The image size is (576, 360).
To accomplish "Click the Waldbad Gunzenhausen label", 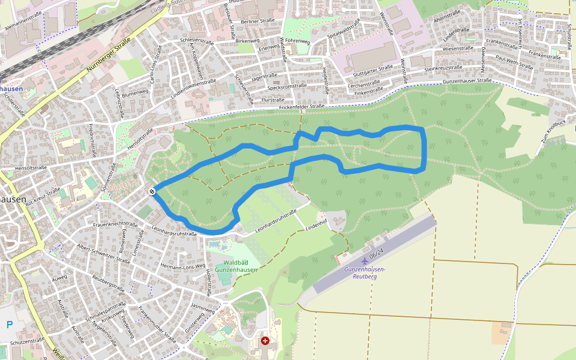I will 236,266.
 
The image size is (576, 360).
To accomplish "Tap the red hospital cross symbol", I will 265,341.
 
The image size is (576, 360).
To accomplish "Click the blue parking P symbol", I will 9,325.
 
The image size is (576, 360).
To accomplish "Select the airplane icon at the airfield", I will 365,261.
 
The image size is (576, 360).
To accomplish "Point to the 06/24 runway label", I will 377,254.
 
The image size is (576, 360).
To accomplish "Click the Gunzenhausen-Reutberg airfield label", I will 364,273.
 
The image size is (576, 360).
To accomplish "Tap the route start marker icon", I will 152,191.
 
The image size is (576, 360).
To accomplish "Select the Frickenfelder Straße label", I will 301,107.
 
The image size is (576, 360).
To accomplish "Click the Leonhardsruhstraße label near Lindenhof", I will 276,221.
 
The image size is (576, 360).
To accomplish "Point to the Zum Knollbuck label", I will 554,131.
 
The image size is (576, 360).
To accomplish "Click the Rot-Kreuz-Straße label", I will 43,196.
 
